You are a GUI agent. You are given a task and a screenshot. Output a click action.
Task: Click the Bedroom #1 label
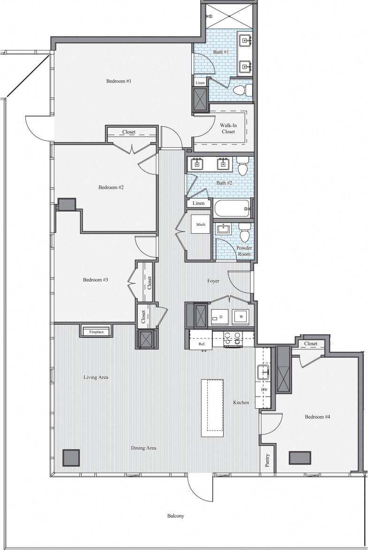click(x=119, y=81)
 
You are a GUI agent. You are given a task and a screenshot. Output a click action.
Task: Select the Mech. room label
click(x=201, y=225)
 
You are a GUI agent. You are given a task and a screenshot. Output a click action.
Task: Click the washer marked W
click(x=241, y=317)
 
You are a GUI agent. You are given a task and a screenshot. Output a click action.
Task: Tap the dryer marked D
click(x=219, y=317)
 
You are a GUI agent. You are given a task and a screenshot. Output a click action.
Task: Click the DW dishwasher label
click(x=264, y=390)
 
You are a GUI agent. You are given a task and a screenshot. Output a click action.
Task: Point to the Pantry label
click(x=267, y=460)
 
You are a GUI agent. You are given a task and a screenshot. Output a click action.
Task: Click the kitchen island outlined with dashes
click(x=212, y=407)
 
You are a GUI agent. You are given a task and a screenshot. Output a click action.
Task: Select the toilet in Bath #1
click(x=242, y=90)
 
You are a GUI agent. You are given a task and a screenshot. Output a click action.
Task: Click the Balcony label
click(x=176, y=516)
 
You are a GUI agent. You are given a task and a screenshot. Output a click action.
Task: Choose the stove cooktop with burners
click(x=233, y=339)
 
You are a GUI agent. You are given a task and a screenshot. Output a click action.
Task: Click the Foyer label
click(x=213, y=281)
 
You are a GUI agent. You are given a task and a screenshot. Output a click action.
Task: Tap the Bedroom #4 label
click(x=317, y=417)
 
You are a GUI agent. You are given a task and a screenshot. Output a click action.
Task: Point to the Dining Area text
click(x=143, y=448)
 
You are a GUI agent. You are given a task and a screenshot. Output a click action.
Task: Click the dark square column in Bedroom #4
click(x=300, y=458)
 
